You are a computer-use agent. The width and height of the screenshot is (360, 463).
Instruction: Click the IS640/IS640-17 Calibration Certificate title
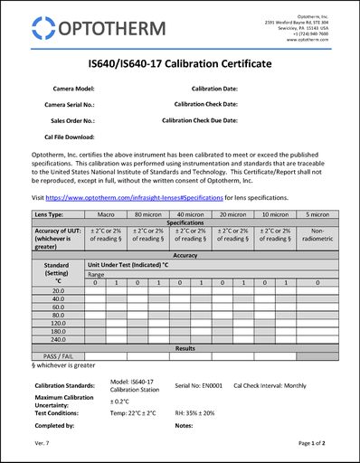point(180,64)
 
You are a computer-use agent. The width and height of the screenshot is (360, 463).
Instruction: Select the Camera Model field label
point(73,89)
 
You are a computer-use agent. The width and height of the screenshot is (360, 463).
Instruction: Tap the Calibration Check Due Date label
point(200,119)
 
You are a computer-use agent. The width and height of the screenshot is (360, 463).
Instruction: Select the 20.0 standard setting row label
point(57,290)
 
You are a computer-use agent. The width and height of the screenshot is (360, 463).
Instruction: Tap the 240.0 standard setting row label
point(57,339)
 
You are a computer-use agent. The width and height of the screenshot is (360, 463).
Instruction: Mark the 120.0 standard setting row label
point(57,323)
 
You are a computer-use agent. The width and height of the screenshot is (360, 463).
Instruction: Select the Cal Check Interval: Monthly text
point(270,385)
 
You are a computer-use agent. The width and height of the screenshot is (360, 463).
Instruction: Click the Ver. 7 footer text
point(42,445)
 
